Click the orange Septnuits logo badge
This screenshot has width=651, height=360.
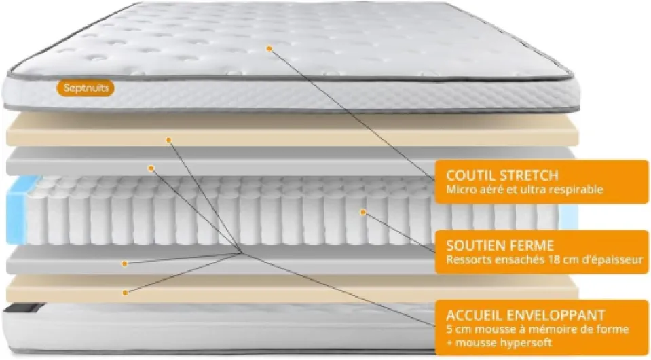[x=86, y=88]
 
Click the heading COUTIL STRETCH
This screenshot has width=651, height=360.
[x=502, y=175]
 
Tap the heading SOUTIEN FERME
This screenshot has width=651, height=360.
[x=500, y=245]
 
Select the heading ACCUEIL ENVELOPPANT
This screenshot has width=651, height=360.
[x=525, y=314]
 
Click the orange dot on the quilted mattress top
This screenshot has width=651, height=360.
[x=269, y=49]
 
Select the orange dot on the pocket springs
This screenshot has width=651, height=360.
[x=363, y=212]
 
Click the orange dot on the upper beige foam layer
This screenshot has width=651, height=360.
[x=168, y=140]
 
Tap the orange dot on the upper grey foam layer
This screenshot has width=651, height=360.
[x=151, y=168]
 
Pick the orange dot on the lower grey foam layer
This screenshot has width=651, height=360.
[x=124, y=264]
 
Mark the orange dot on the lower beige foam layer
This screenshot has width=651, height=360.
[x=125, y=293]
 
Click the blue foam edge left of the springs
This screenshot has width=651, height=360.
[x=16, y=210]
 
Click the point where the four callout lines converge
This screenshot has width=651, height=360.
[x=241, y=253]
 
